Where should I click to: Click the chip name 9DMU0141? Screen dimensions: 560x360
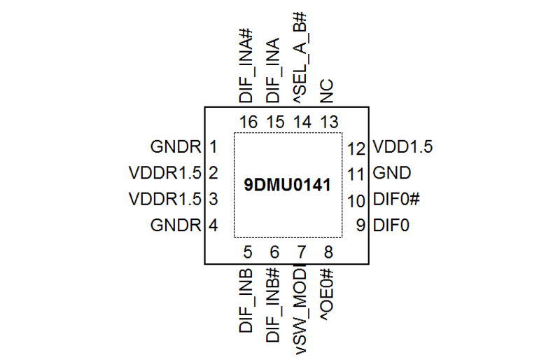(287, 185)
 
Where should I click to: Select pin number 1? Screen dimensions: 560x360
(213, 146)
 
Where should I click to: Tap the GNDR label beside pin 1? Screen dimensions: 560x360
(176, 146)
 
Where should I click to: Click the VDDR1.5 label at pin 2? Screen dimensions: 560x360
(165, 173)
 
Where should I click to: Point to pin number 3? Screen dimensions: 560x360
(213, 199)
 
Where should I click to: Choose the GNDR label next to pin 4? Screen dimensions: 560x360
(176, 226)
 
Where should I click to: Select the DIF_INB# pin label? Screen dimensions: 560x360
(272, 305)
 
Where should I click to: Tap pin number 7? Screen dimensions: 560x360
(302, 252)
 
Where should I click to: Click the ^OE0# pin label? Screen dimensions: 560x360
(327, 294)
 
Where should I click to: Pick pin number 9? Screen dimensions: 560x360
(360, 226)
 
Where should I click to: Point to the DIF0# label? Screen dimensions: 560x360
(396, 199)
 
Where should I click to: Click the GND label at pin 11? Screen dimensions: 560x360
(392, 173)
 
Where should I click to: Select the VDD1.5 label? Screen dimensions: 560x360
(402, 146)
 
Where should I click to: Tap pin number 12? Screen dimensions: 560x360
(356, 148)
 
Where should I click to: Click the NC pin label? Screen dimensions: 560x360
(327, 91)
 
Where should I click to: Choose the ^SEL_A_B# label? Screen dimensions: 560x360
(300, 57)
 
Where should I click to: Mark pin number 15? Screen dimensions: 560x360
(275, 122)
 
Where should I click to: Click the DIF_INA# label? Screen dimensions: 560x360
(246, 66)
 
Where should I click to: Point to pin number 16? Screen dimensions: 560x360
(248, 122)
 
